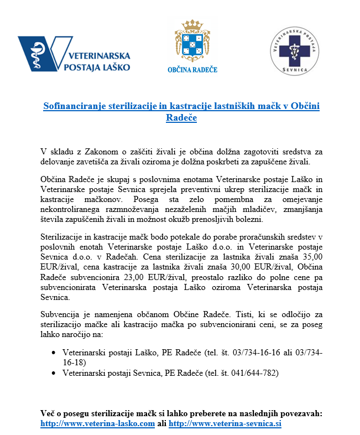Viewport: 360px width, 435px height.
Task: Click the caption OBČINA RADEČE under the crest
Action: coord(192,70)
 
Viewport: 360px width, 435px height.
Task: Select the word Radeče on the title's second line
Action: coord(181,117)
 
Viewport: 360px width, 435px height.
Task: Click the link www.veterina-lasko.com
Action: coord(98,423)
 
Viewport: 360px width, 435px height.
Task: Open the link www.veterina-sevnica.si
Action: coord(225,423)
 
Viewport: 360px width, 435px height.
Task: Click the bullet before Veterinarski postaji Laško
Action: coord(53,353)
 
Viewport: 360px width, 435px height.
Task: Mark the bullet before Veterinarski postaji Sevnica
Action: coord(53,374)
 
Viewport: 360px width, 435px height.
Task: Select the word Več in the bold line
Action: coord(49,413)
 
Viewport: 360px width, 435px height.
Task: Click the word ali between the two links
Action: coord(161,423)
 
